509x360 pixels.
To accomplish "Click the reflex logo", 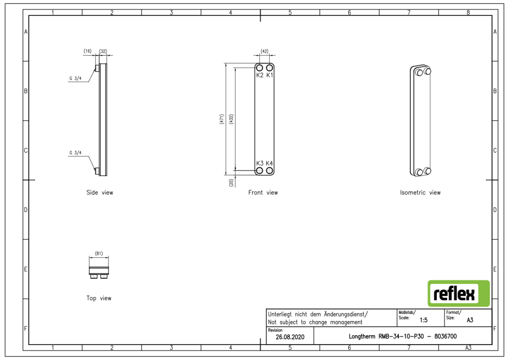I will click(x=458, y=293).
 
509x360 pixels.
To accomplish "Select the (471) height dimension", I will click(x=222, y=119).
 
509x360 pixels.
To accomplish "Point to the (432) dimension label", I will click(x=231, y=119).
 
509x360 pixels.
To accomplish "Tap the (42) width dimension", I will click(x=264, y=51).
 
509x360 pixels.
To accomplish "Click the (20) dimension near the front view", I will click(x=231, y=182).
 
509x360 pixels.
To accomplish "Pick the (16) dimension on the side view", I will click(x=88, y=51).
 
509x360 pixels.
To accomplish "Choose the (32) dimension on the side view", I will click(x=103, y=51).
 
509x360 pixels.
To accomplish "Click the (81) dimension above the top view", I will click(x=99, y=253).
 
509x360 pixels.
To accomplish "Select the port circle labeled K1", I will click(x=269, y=68).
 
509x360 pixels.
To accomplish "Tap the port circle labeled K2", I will click(x=260, y=68).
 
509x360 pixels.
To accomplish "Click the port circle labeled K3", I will click(x=260, y=170).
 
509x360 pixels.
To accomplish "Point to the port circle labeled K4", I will click(x=269, y=170).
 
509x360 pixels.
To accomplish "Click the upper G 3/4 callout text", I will click(x=75, y=78).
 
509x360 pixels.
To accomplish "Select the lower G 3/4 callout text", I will click(x=75, y=153).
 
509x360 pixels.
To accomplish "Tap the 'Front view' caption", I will click(x=263, y=193).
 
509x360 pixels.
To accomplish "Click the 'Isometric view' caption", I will click(x=420, y=193).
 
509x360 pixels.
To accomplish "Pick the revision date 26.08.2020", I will click(x=290, y=337).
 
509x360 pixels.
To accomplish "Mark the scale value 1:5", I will click(x=423, y=320).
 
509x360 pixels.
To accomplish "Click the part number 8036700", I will click(x=446, y=336).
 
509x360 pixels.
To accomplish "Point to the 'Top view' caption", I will click(x=99, y=298).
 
